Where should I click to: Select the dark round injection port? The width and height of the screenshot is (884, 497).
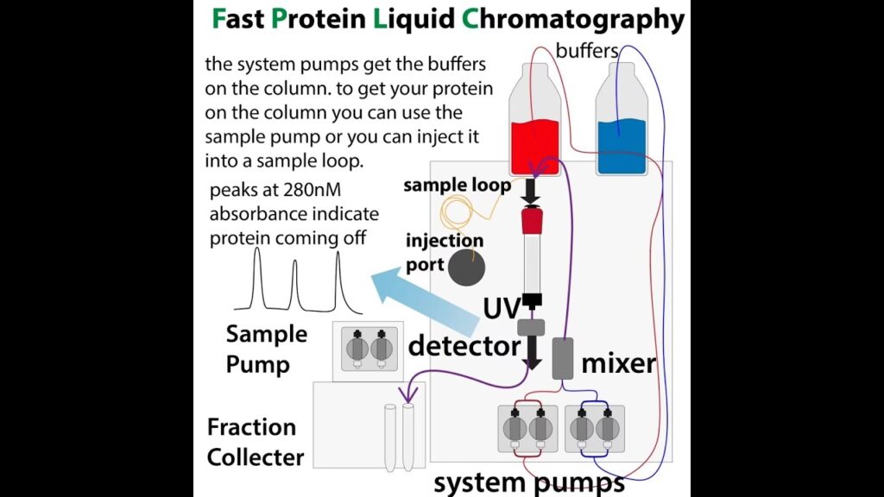click(x=467, y=265)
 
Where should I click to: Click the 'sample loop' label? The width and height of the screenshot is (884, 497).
click(x=457, y=186)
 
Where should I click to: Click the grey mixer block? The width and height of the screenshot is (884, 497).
click(x=563, y=358)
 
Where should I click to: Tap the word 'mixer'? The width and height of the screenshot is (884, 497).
click(x=619, y=363)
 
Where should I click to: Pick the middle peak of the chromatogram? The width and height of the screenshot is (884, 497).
click(x=294, y=286)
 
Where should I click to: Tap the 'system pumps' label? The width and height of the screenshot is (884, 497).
click(x=528, y=481)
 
